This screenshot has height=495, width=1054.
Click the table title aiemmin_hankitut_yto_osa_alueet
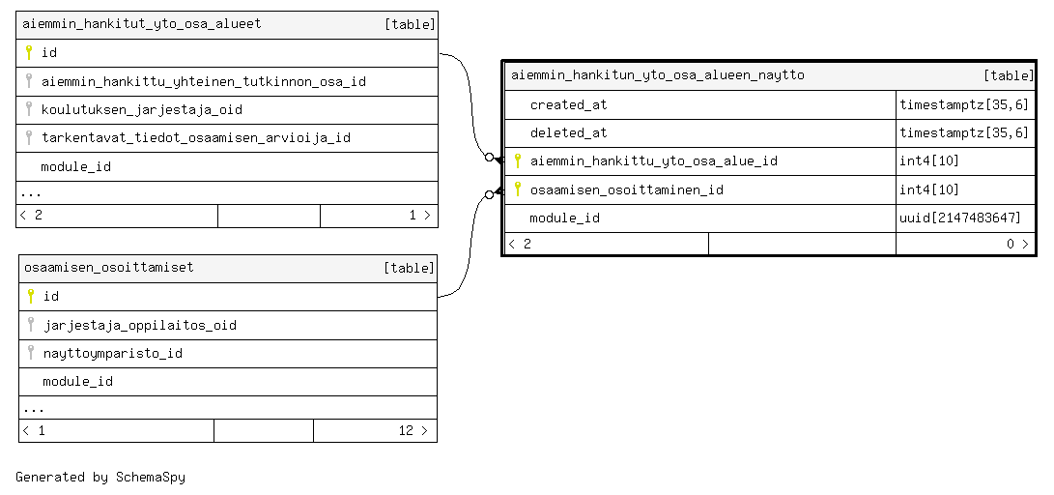coord(142,24)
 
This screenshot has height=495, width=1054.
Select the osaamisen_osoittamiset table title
coord(109,268)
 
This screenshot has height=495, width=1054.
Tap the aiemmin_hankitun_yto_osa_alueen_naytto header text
coord(657,74)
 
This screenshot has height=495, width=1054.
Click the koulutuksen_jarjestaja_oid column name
coord(142,109)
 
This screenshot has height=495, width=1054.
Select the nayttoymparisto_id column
coord(113,353)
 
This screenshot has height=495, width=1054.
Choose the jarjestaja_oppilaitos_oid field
coord(140,326)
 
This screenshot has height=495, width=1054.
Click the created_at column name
coord(569,105)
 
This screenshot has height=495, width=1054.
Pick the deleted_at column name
coord(569,133)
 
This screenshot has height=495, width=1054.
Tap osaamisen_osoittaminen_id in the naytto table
coord(626,189)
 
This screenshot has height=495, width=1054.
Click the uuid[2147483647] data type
coord(960,218)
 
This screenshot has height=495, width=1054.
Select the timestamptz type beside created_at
coord(964,105)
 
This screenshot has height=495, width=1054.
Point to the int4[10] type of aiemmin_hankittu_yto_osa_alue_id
coord(929,161)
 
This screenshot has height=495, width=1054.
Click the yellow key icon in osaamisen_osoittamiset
coord(30,296)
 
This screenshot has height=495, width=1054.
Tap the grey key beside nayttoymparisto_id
coord(30,353)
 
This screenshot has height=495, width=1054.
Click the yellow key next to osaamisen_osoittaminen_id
coord(518,189)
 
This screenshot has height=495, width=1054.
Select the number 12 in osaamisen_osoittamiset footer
coord(406,430)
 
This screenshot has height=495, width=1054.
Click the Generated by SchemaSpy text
coord(100,478)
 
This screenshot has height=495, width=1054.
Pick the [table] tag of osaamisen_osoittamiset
coord(409,268)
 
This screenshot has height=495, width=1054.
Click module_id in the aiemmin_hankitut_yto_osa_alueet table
coord(76,167)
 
